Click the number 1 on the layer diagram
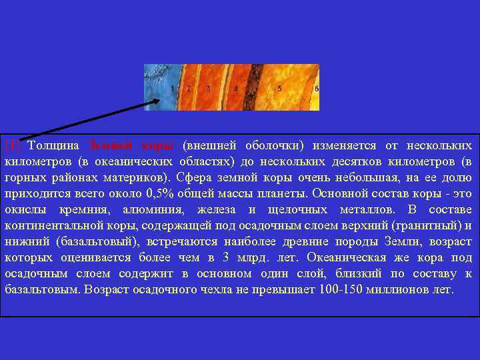point(172,88)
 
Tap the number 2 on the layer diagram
point(189,88)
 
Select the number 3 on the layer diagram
point(209,88)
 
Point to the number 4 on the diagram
point(236,88)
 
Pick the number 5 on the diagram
point(279,88)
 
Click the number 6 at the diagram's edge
point(317,88)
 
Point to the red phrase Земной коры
point(131,145)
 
